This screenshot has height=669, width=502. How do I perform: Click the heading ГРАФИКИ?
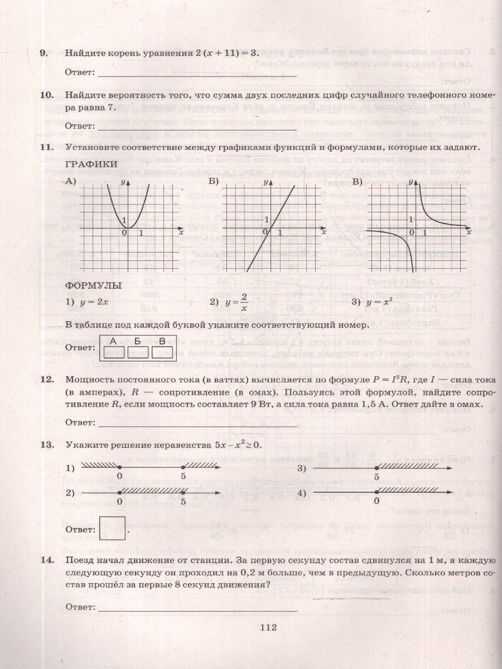click(91, 164)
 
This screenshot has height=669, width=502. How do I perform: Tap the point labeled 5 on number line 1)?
click(184, 467)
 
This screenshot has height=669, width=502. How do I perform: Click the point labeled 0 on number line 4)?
click(376, 493)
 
